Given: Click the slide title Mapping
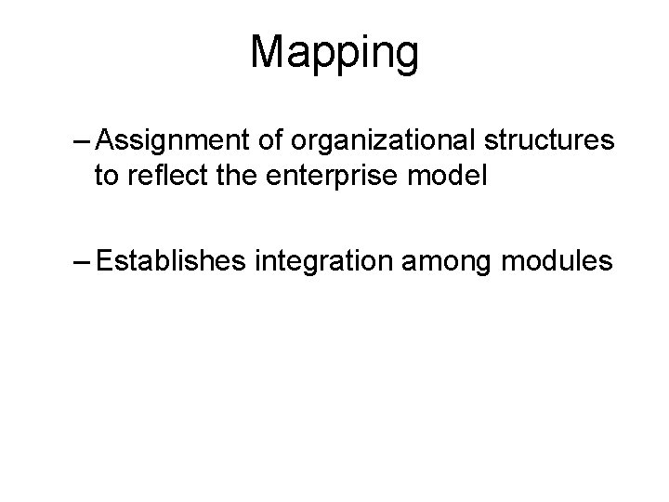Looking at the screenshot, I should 334,53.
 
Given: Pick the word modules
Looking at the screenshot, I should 557,261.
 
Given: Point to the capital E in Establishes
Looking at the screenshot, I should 104,261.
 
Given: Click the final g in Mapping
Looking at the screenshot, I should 405,58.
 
